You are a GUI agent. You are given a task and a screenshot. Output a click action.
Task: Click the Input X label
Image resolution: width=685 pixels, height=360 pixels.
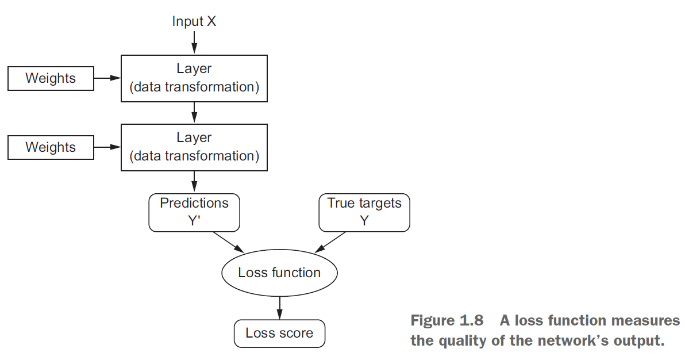pos(194,22)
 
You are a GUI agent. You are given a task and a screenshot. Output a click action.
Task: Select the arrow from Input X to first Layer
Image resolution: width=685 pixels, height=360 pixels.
pos(194,43)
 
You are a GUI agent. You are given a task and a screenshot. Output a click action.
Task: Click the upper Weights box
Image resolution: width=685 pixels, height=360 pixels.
pos(51,78)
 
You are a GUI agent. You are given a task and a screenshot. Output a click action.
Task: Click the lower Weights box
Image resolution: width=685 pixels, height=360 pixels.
pos(51,147)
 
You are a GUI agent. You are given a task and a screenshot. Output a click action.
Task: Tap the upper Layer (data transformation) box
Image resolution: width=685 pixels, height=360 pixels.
pos(194,78)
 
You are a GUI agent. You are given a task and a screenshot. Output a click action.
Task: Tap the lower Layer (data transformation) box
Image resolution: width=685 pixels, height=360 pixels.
pos(194,147)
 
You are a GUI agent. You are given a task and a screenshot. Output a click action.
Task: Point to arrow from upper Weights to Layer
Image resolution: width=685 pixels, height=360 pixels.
pos(107,78)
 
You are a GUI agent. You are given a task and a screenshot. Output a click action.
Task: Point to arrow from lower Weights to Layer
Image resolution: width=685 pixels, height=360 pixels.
pos(107,147)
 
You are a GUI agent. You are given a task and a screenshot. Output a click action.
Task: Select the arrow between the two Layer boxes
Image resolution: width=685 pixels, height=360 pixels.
pos(194,112)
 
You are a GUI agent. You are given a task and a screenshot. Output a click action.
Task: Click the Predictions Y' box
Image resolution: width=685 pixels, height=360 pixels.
pos(194,212)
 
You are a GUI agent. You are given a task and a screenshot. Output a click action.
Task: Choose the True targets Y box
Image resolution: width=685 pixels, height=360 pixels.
pos(364,212)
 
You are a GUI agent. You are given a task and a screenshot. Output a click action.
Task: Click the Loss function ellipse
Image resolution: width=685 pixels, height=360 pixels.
pos(279,273)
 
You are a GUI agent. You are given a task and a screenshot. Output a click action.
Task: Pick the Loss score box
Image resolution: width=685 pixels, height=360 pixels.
pos(279,334)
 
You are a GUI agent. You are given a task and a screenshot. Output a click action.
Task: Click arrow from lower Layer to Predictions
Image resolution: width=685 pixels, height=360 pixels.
pos(194,182)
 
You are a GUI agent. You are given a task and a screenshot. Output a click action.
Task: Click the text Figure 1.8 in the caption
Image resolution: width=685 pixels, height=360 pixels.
pos(447,320)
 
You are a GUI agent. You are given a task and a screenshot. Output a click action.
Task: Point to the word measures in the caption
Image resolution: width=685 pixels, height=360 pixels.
pos(642,320)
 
